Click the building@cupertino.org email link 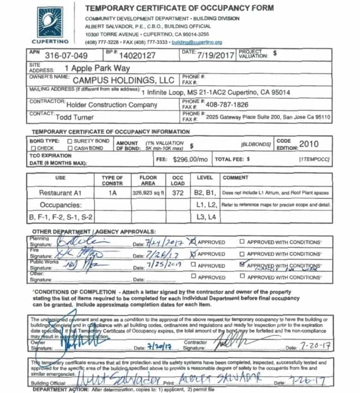197,42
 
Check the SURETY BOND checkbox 70,141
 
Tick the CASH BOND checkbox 70,148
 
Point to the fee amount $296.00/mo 191,159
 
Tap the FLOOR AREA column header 148,180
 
